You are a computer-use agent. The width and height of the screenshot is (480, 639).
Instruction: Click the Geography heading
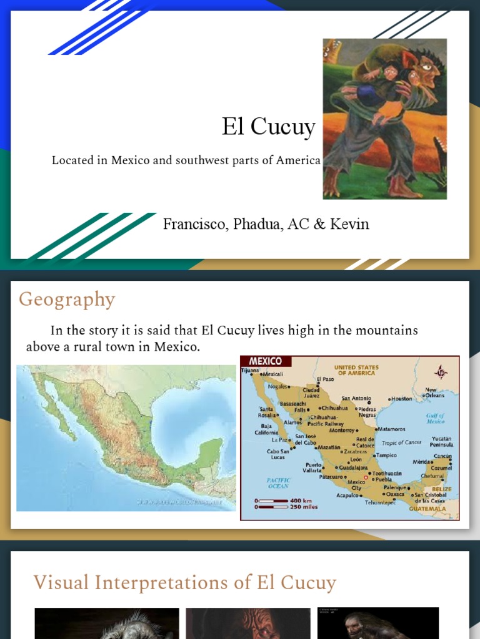pos(67,300)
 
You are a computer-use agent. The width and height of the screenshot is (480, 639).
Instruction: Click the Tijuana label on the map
pos(250,369)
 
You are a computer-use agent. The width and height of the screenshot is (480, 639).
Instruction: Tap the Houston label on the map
pos(402,398)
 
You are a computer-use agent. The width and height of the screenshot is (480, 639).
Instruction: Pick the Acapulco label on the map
pos(347,495)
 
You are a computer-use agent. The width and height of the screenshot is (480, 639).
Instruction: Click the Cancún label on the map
pos(442,456)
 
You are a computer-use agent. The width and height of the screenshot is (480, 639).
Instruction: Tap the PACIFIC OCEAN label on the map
pos(278,482)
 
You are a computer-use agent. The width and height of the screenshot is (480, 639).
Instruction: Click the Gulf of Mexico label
pos(436,418)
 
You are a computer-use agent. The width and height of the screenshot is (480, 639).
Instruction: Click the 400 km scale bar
pos(272,500)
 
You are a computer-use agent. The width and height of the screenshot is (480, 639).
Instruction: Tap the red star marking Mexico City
pos(366,477)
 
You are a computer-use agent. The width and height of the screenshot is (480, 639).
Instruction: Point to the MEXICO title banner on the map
pos(266,361)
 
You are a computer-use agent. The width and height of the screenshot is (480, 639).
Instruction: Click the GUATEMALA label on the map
pos(427,509)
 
